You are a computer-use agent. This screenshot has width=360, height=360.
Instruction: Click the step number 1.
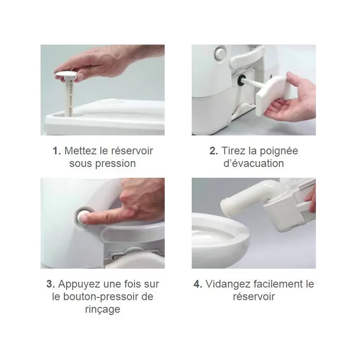point(57,150)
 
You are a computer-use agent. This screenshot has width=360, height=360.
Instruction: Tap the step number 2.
point(214,150)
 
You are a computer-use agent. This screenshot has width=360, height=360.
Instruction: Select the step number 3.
point(51,284)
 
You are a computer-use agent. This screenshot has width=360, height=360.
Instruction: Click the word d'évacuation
point(254,163)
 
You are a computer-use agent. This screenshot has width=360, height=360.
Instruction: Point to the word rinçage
point(103,310)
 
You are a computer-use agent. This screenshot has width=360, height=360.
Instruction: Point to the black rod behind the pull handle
point(246,84)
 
